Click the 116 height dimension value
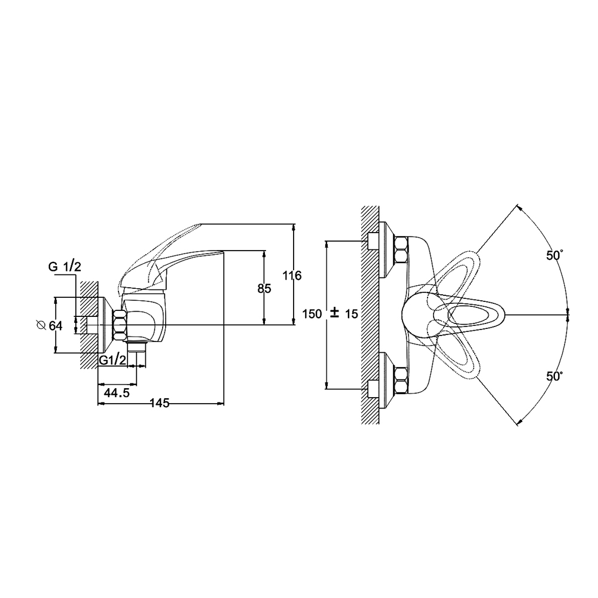click(x=291, y=275)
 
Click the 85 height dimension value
click(x=264, y=289)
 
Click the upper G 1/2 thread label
click(x=65, y=267)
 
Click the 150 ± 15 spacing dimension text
click(x=330, y=314)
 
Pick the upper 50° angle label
click(x=555, y=255)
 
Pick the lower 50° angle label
click(x=555, y=376)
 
